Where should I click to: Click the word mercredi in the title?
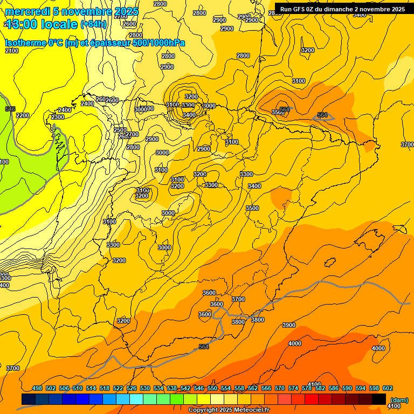pos(25,11)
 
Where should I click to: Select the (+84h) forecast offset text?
pos(93,24)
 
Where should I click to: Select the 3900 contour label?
pos(289,325)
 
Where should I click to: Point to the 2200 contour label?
pos(23,115)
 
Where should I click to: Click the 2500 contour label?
pos(120,130)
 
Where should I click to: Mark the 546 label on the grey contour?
pos(10,109)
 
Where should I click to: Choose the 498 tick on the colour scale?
pos(37,388)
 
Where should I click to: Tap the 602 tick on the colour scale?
pos(388,388)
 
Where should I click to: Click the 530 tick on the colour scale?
pos(145,388)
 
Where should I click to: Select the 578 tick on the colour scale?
pos(307,388)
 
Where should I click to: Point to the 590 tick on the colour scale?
pos(347,388)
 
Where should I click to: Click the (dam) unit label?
pos(399,399)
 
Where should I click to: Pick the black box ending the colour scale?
pos(379,399)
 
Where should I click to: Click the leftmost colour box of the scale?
pos(29,399)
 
